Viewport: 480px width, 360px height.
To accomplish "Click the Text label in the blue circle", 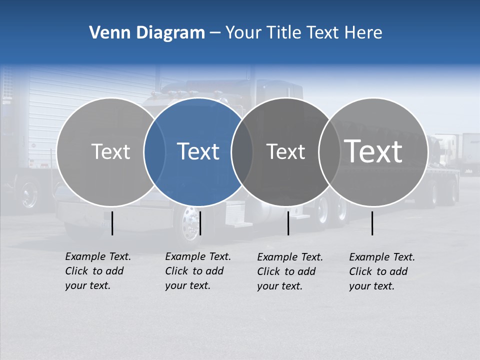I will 198,151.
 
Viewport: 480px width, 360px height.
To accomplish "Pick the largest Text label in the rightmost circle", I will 373,151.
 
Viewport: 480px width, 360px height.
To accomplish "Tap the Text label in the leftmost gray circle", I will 110,151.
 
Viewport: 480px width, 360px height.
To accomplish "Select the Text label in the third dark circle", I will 285,151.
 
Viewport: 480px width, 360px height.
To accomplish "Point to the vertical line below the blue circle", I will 200,223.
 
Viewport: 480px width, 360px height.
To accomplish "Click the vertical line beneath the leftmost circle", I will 112,223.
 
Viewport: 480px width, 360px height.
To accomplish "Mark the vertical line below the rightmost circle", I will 372,223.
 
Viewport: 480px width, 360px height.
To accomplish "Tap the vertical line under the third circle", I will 288,223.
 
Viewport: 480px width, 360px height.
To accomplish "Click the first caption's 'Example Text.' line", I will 98,256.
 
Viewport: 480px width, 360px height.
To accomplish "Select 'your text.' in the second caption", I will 187,285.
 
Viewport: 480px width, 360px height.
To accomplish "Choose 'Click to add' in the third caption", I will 286,271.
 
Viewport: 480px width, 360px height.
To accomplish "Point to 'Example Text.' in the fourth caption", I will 382,257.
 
